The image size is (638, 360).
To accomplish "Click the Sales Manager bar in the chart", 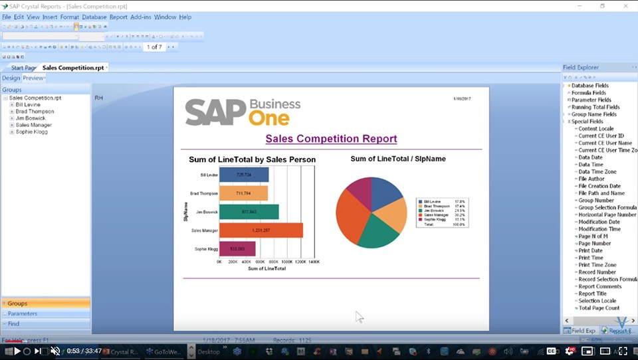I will pyautogui.click(x=261, y=230).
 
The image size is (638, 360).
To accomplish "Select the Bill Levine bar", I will pyautogui.click(x=244, y=175).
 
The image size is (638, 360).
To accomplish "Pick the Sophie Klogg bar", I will pyautogui.click(x=237, y=249).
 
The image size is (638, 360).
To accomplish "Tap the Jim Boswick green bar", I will pyautogui.click(x=249, y=212).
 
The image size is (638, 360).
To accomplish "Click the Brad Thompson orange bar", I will pyautogui.click(x=243, y=193).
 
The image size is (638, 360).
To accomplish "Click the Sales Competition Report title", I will pyautogui.click(x=331, y=139).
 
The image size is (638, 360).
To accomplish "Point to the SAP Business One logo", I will pyautogui.click(x=243, y=112).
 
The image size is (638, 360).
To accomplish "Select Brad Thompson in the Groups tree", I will pyautogui.click(x=35, y=112).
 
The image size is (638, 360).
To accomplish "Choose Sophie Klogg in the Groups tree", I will pyautogui.click(x=31, y=132).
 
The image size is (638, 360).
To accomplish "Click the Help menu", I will pyautogui.click(x=185, y=17).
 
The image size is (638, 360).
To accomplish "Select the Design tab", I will pyautogui.click(x=11, y=78).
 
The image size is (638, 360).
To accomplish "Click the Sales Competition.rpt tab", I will pyautogui.click(x=73, y=68).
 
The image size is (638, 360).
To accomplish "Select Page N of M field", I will pyautogui.click(x=593, y=236).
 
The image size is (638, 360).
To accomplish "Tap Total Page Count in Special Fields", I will pyautogui.click(x=599, y=308).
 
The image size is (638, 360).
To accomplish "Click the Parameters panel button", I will pyautogui.click(x=23, y=314).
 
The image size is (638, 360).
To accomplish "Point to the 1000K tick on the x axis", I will pyautogui.click(x=287, y=262).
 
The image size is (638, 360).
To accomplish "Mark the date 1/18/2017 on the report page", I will pyautogui.click(x=463, y=98).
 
